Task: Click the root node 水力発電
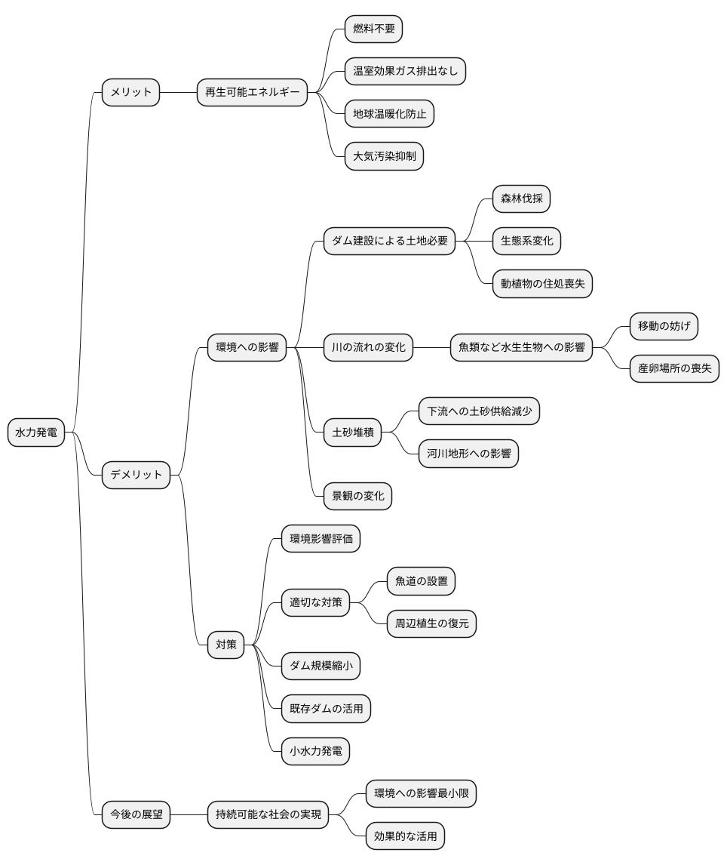pyautogui.click(x=36, y=432)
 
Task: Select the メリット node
pyautogui.click(x=130, y=92)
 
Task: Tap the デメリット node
pyautogui.click(x=137, y=475)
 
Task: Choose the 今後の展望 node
pyautogui.click(x=137, y=814)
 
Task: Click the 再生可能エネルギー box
pyautogui.click(x=253, y=92)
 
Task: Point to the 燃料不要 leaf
pyautogui.click(x=374, y=29)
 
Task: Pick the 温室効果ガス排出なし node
pyautogui.click(x=405, y=71)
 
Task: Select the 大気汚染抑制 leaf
pyautogui.click(x=384, y=156)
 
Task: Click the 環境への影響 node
pyautogui.click(x=247, y=347)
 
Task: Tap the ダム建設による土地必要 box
pyautogui.click(x=390, y=241)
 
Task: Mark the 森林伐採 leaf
pyautogui.click(x=521, y=199)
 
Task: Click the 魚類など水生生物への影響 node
pyautogui.click(x=521, y=347)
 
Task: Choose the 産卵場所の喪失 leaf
pyautogui.click(x=675, y=368)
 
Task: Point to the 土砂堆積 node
pyautogui.click(x=353, y=432)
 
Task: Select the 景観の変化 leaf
pyautogui.click(x=357, y=496)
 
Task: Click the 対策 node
pyautogui.click(x=226, y=645)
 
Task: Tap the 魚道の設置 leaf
pyautogui.click(x=421, y=581)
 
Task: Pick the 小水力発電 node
pyautogui.click(x=316, y=751)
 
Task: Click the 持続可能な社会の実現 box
pyautogui.click(x=268, y=814)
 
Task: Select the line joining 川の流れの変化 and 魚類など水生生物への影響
pyautogui.click(x=431, y=347)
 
